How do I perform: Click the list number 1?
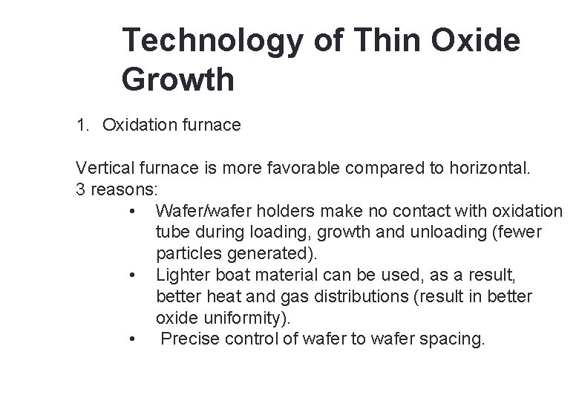(x=81, y=125)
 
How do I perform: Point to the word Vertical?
(x=101, y=168)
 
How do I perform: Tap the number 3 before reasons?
(x=80, y=189)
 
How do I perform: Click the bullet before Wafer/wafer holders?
(x=131, y=211)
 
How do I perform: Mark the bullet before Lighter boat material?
(x=131, y=276)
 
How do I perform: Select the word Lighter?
(x=181, y=276)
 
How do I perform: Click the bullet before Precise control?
(x=131, y=340)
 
